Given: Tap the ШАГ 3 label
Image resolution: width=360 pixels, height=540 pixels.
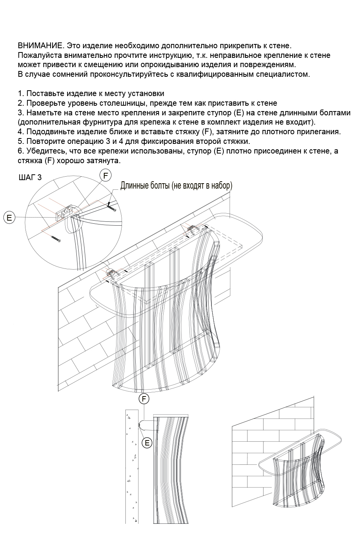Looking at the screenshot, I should pos(30,177).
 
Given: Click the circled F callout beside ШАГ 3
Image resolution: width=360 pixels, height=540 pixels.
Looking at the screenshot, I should pos(105,175).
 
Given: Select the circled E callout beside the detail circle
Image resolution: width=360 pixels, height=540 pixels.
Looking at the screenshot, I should pos(9,218).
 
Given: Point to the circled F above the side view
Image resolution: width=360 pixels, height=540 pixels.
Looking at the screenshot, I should pos(144,399).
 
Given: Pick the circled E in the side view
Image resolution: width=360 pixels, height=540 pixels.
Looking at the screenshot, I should pos(147,443).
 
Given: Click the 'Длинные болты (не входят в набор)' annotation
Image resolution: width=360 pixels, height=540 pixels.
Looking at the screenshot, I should pos(176,186).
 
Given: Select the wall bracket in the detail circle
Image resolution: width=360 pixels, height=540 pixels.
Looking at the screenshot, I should pos(63,213).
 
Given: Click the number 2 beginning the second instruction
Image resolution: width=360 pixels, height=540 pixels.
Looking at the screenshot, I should pos(20,103).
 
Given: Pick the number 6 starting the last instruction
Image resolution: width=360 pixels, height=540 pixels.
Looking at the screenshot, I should pos(20,151).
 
